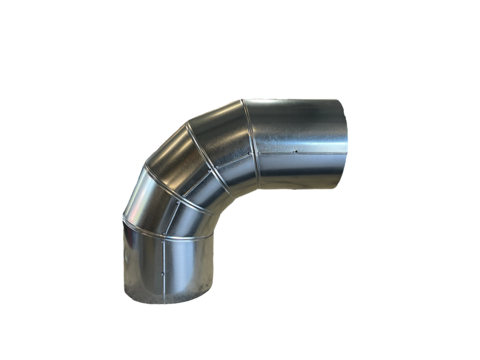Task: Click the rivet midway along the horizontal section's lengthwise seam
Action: [296, 152]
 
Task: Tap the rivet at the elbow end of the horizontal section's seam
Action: [259, 154]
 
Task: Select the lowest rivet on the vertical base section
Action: [163, 274]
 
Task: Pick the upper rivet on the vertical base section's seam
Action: [163, 242]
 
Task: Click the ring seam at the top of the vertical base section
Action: [168, 238]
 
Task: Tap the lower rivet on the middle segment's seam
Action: [184, 196]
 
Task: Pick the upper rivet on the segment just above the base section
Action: [178, 202]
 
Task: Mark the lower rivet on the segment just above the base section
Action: [164, 234]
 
